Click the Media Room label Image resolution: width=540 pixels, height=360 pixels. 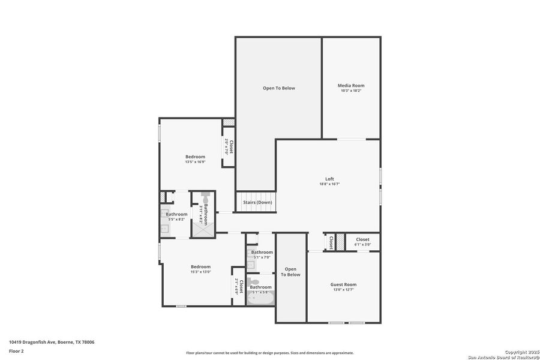click(351, 86)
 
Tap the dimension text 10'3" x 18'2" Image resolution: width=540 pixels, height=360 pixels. click(351, 91)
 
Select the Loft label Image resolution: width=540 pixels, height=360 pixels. click(329, 179)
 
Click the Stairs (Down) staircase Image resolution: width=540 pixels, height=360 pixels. click(257, 202)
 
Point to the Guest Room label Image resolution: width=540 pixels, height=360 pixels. click(343, 284)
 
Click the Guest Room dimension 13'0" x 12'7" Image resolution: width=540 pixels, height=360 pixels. click(343, 290)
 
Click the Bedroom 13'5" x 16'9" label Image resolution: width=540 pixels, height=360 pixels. click(195, 157)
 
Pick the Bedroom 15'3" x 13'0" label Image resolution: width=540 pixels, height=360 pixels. click(200, 266)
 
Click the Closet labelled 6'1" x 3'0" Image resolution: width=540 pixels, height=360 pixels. click(362, 239)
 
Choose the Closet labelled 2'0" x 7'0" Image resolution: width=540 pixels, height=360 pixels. click(229, 147)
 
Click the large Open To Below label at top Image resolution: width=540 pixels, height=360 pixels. click(278, 88)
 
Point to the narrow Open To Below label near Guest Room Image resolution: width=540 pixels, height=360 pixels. click(291, 272)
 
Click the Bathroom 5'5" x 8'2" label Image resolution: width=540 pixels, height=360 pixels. click(176, 214)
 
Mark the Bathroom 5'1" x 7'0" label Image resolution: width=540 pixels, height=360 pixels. click(262, 253)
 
